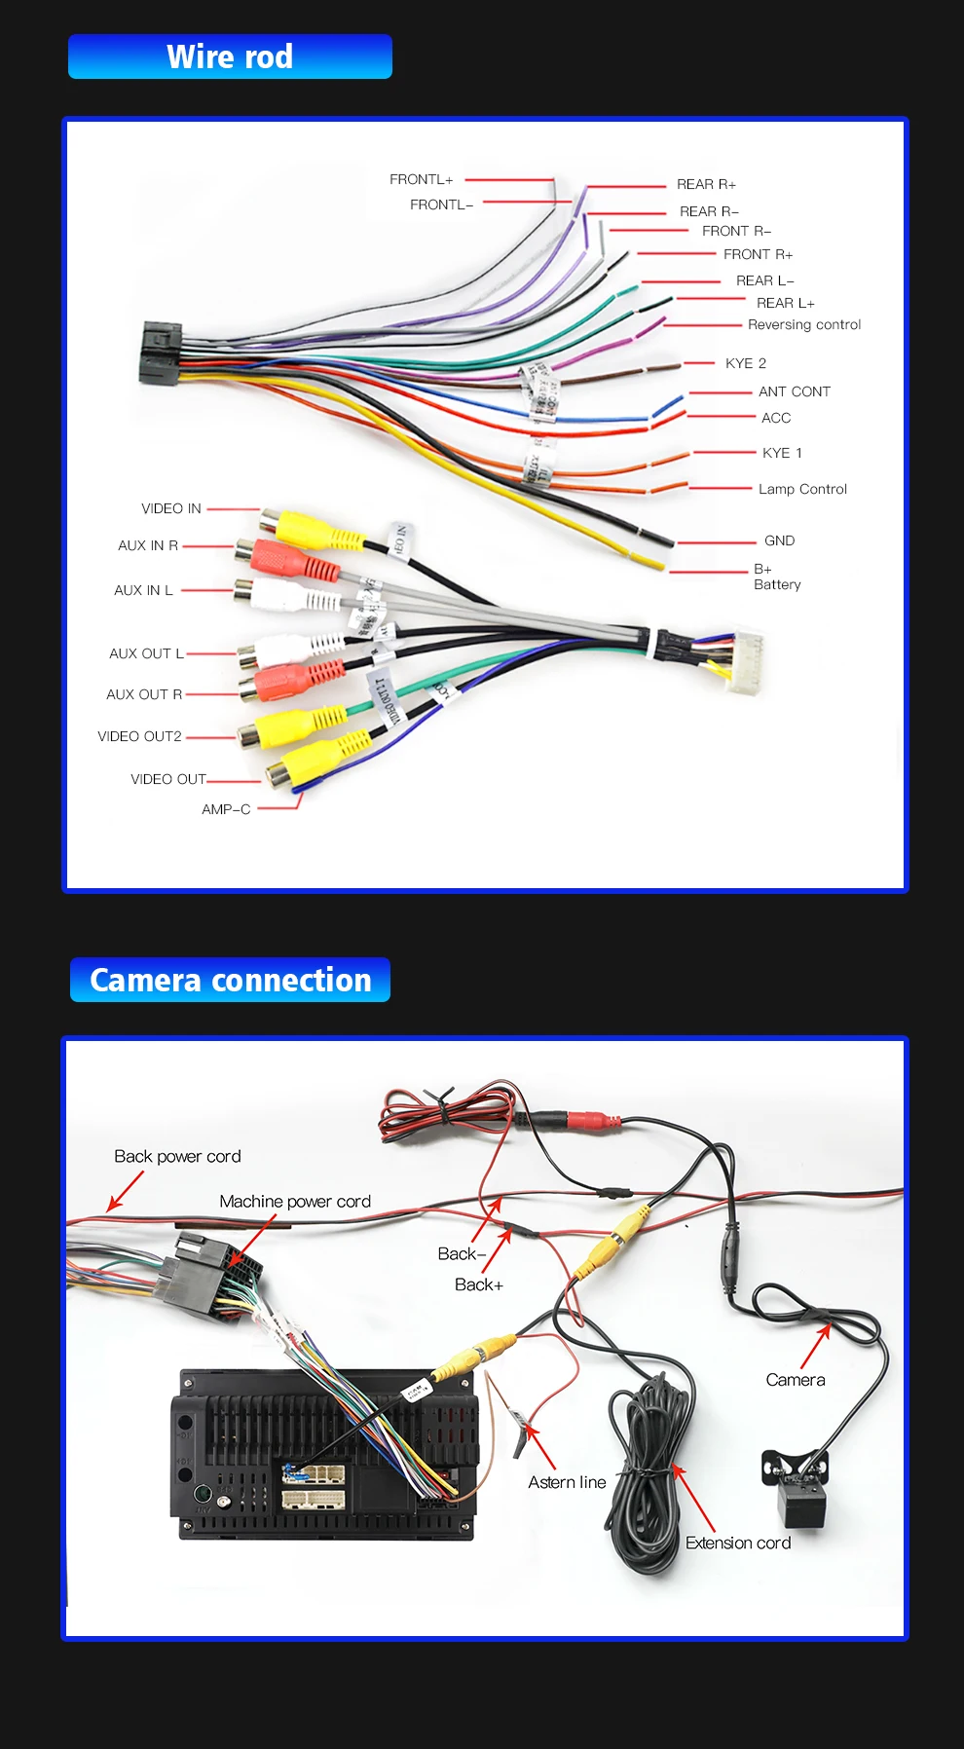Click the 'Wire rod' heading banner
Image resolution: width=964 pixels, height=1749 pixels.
coord(230,56)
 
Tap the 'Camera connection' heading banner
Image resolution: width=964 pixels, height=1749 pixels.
coord(231,980)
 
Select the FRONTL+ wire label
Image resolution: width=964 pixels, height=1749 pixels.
coord(421,179)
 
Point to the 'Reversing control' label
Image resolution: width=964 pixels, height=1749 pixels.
coord(804,324)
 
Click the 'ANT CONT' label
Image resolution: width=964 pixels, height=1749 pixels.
coord(794,391)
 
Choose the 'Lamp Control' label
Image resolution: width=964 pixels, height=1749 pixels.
coord(802,489)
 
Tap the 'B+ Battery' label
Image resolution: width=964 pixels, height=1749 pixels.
coord(776,577)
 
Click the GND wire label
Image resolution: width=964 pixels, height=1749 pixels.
coord(779,540)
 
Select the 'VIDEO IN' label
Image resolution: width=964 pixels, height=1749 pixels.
coord(171,508)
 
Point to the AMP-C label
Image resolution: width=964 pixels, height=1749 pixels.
coord(226,809)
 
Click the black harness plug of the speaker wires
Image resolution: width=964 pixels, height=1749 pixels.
coord(160,353)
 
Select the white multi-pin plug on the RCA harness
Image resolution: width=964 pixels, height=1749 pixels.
coord(744,660)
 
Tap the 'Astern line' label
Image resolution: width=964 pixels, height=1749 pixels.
coord(567,1482)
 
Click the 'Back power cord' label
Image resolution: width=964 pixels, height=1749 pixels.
coord(177,1156)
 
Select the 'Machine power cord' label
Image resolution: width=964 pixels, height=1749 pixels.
coord(295,1202)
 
